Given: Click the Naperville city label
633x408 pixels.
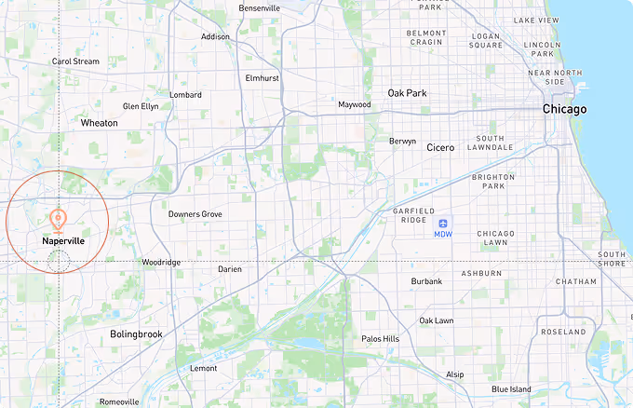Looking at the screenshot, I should [x=63, y=240].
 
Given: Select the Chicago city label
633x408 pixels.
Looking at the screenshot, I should [x=565, y=110].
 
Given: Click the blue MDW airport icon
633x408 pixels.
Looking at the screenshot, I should [x=443, y=223].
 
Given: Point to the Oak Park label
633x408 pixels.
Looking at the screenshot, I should [x=407, y=93].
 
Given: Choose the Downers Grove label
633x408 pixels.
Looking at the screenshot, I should [x=195, y=214].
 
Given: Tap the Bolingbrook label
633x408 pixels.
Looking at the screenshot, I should [x=136, y=333].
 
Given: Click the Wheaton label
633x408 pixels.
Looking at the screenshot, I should [x=100, y=123].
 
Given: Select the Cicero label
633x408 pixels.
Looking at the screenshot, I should [x=440, y=148].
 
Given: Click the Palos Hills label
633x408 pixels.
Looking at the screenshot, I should [x=380, y=339].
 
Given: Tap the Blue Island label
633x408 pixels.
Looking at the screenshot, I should [x=512, y=389].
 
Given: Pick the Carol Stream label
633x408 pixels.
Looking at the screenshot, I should [x=75, y=61].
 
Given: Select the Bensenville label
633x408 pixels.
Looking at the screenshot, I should [x=260, y=8].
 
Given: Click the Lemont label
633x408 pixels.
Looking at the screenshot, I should [x=203, y=369].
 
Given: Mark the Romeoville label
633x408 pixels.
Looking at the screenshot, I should [x=119, y=402].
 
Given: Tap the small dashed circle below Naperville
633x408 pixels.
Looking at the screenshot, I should [x=58, y=261].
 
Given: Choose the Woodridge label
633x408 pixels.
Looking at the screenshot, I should [x=161, y=263].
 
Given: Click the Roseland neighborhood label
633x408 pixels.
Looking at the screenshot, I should [x=565, y=332].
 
